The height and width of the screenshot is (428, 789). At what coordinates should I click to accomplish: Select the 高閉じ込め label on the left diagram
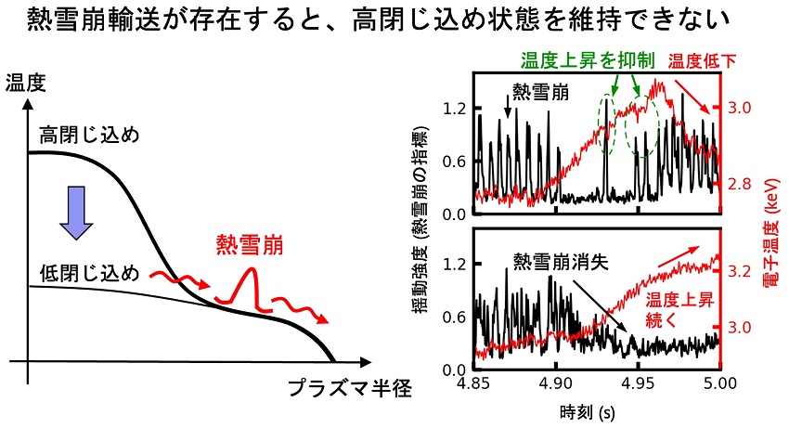[88, 136]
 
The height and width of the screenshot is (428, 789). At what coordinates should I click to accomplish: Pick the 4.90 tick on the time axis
[555, 383]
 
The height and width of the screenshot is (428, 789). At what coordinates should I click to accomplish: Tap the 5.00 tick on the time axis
[719, 383]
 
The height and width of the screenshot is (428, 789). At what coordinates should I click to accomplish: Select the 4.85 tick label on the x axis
[473, 383]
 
